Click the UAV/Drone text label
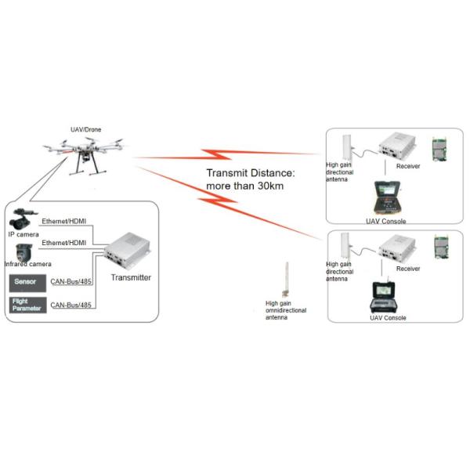pos(85,129)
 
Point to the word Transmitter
pos(131,277)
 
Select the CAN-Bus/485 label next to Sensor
pos(71,281)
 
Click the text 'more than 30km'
pos(244,186)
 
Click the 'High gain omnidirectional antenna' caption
pos(285,311)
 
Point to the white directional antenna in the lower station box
pos(342,251)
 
